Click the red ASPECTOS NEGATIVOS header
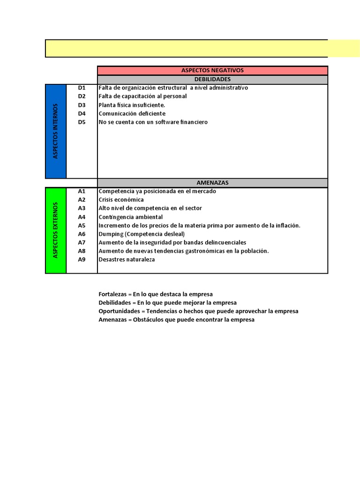click(x=212, y=70)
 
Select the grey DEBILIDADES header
click(x=212, y=80)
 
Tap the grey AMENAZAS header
click(x=212, y=183)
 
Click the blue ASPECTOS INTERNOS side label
click(x=56, y=131)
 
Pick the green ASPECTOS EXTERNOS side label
click(x=56, y=230)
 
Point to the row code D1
click(x=82, y=88)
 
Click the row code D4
click(x=82, y=113)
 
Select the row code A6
click(x=82, y=234)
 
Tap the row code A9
click(x=82, y=260)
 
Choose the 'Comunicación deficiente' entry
click(x=132, y=113)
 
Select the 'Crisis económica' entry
click(x=121, y=200)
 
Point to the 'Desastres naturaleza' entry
click(x=126, y=260)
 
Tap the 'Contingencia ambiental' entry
click(x=130, y=217)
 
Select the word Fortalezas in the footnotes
click(x=112, y=294)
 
